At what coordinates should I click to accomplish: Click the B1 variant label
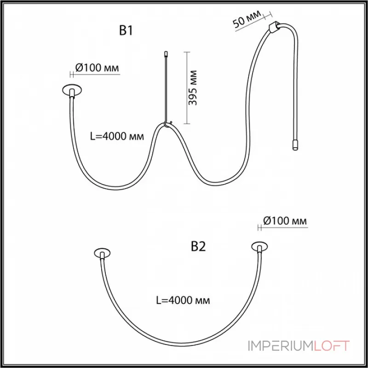tap(126, 30)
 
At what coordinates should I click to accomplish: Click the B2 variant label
tap(198, 247)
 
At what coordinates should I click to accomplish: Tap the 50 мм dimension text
tap(247, 19)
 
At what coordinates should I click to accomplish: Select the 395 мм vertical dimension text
tap(193, 87)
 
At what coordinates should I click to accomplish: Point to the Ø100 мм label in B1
tap(97, 68)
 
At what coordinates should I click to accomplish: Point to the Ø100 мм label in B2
tap(285, 221)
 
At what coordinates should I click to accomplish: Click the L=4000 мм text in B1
tap(117, 136)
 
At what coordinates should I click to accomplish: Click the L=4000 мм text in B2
tap(183, 300)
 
